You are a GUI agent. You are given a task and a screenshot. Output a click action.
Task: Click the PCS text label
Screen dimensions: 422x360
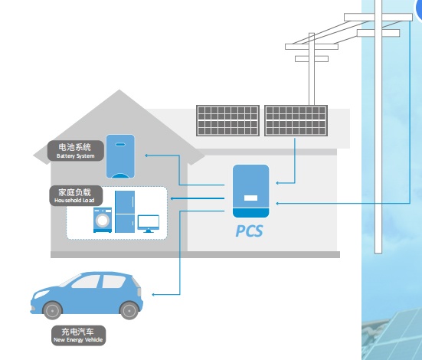[x=249, y=231]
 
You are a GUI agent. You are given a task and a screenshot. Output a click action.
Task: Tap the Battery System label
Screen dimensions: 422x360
[x=76, y=151]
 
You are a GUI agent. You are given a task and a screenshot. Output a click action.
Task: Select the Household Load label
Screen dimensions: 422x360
[x=76, y=196]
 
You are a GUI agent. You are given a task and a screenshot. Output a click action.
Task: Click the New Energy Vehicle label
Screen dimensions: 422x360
[x=78, y=335]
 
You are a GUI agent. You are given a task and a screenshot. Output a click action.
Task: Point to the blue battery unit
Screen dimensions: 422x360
[x=120, y=156]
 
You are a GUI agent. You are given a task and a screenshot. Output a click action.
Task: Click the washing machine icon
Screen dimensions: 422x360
[x=103, y=220]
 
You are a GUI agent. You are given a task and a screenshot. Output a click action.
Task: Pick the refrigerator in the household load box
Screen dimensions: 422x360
[x=125, y=211]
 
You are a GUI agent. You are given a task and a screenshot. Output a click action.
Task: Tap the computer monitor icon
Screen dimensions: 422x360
[x=149, y=224]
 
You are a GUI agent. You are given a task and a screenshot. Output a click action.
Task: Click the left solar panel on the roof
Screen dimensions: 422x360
[x=227, y=120]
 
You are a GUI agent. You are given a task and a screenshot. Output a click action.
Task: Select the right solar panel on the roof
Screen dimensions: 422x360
[x=296, y=120]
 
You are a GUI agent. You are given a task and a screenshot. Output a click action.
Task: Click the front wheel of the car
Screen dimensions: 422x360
[x=53, y=310]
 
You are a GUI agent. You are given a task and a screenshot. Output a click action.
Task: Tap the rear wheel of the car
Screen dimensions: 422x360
[x=129, y=310]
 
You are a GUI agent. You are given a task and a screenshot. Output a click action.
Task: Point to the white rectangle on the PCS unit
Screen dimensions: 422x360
[x=251, y=198]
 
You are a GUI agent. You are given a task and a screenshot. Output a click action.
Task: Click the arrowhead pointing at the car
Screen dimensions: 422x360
[x=153, y=295]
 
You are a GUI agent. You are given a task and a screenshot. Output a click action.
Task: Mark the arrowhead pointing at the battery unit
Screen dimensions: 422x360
[x=146, y=155]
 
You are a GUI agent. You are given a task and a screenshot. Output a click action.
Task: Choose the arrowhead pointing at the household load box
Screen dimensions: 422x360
[x=172, y=198]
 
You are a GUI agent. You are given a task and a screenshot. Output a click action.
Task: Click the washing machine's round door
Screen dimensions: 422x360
[x=103, y=221]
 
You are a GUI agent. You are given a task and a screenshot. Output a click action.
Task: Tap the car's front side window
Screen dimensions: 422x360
[x=86, y=282]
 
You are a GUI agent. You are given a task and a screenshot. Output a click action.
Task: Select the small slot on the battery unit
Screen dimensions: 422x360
[x=120, y=145]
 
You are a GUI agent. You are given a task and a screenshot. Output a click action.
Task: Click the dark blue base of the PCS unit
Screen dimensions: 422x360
[x=251, y=213]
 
